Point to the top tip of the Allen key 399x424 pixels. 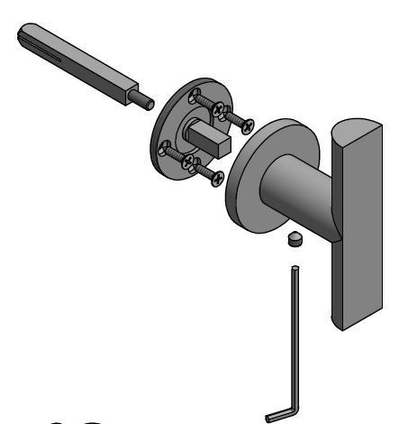coord(295,268)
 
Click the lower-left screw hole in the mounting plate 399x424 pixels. coord(165,150)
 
